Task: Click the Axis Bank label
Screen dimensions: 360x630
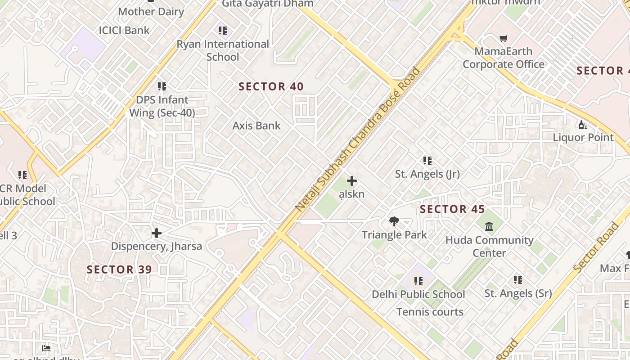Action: pyautogui.click(x=256, y=126)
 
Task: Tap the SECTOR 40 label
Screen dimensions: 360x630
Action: pyautogui.click(x=271, y=86)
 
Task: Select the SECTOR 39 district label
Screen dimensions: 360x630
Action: pyautogui.click(x=119, y=270)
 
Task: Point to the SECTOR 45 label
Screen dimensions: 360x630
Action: pyautogui.click(x=452, y=209)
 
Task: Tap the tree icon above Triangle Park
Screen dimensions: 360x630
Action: pyautogui.click(x=394, y=221)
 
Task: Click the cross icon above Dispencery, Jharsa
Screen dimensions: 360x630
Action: pyautogui.click(x=157, y=233)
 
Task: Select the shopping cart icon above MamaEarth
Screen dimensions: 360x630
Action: pyautogui.click(x=504, y=39)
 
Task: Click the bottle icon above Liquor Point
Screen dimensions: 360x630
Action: pyautogui.click(x=583, y=125)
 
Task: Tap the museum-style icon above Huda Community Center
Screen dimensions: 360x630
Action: pyautogui.click(x=489, y=226)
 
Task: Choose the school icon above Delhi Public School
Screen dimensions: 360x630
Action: pyautogui.click(x=418, y=281)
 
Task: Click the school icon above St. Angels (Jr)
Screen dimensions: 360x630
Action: pyautogui.click(x=427, y=161)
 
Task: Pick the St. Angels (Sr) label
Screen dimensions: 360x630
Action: pyautogui.click(x=518, y=293)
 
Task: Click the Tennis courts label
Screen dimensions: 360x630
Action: pyautogui.click(x=430, y=312)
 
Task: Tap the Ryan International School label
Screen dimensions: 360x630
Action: pyautogui.click(x=223, y=50)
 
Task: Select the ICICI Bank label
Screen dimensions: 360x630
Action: pyautogui.click(x=124, y=31)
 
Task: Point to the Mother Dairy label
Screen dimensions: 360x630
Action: pyautogui.click(x=151, y=12)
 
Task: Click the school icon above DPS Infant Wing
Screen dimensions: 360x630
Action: pyautogui.click(x=162, y=86)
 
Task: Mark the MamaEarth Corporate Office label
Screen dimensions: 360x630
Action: pyautogui.click(x=504, y=58)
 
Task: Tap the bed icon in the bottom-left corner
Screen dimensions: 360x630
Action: pyautogui.click(x=46, y=348)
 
